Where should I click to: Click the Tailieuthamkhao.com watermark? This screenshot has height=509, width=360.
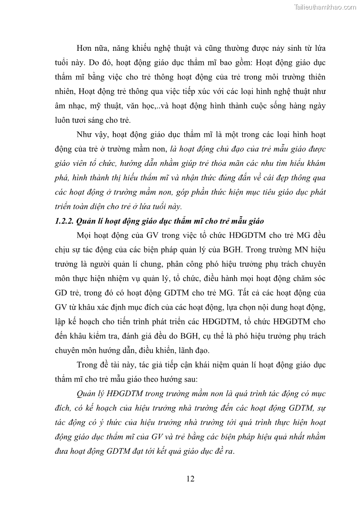pyautogui.click(x=325, y=7)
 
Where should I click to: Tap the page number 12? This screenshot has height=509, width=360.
pyautogui.click(x=190, y=479)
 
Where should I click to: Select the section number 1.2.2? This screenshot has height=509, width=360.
pyautogui.click(x=64, y=221)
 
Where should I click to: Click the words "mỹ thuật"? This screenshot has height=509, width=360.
pyautogui.click(x=102, y=107)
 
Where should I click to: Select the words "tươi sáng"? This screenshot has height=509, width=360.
pyautogui.click(x=92, y=121)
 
